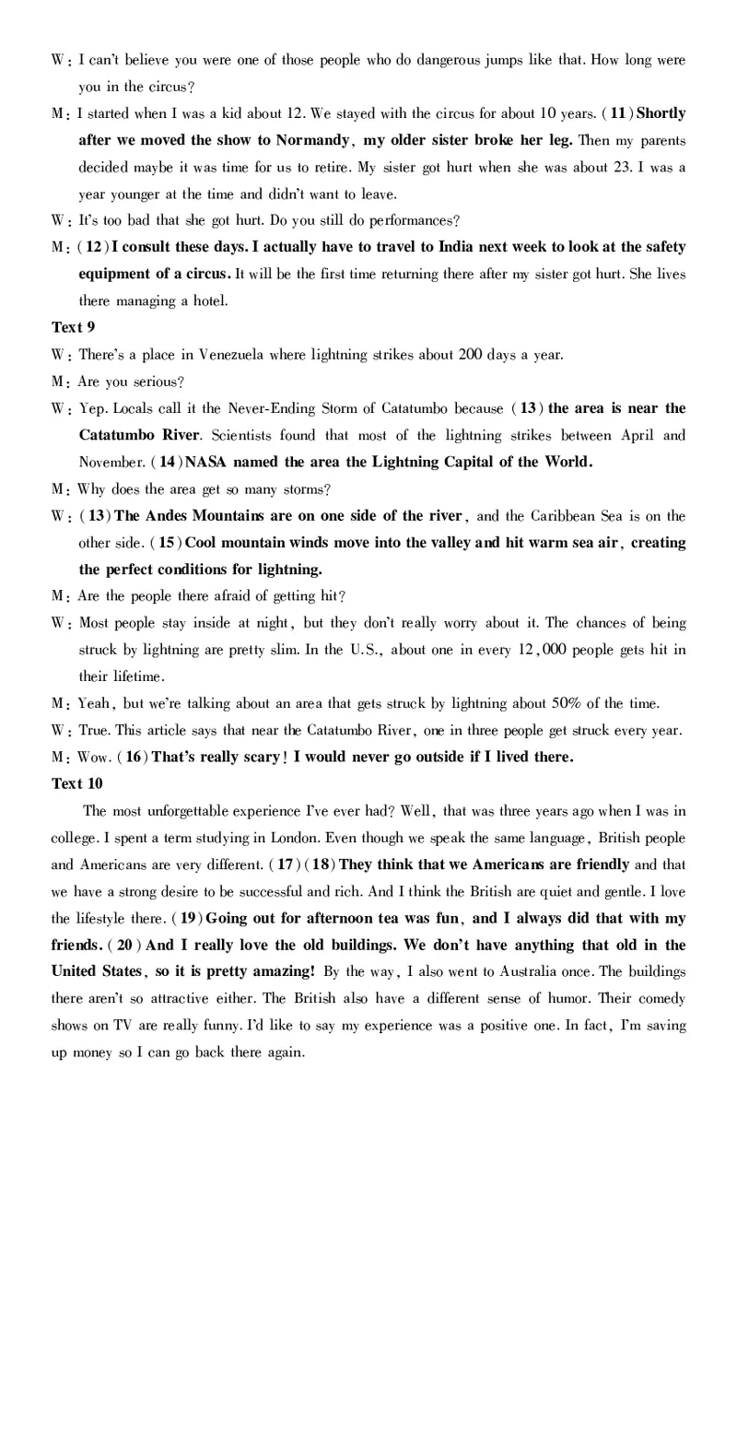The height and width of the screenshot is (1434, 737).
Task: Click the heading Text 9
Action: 73,327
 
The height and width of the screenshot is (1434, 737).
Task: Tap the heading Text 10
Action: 76,783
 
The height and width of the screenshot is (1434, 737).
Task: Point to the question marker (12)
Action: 93,247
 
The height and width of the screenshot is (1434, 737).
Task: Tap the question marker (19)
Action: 188,918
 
